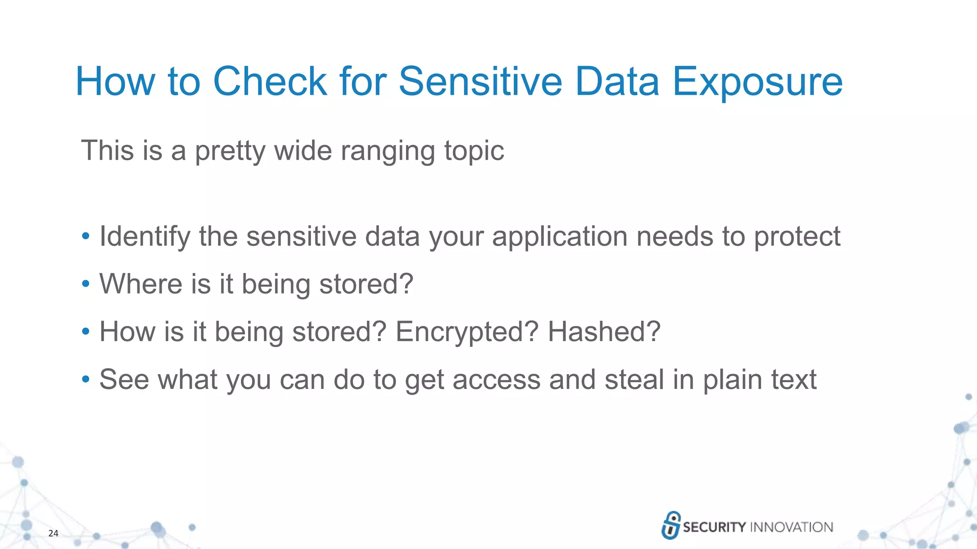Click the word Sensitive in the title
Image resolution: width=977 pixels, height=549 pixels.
(x=480, y=81)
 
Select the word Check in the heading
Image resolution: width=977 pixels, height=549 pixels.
(x=270, y=81)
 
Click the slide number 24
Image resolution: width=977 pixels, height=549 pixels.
(x=53, y=533)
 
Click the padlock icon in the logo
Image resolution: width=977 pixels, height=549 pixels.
(x=671, y=525)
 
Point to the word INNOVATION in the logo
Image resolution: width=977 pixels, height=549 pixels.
(x=791, y=527)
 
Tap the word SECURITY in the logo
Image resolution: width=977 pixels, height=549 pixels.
(x=714, y=527)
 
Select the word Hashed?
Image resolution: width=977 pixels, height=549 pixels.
(x=604, y=332)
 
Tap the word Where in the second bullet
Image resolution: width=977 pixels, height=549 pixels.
(x=141, y=284)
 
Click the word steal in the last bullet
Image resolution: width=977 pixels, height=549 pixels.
(x=634, y=379)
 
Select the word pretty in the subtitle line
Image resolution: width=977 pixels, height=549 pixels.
(x=230, y=151)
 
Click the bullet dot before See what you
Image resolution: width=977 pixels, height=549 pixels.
(x=85, y=379)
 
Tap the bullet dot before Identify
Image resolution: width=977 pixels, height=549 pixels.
(x=85, y=236)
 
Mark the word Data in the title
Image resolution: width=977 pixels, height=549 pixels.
(x=617, y=81)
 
